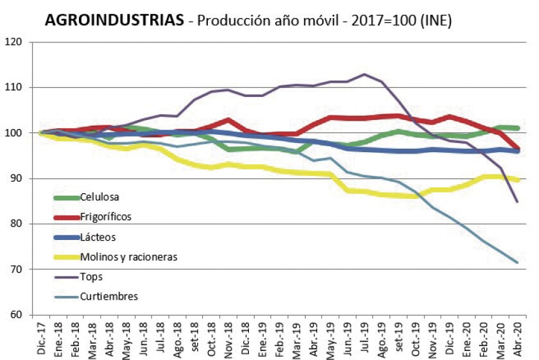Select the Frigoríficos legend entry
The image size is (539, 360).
106,217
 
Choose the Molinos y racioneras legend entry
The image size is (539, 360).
128,257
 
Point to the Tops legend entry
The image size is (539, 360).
92,277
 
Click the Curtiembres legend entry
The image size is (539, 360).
109,296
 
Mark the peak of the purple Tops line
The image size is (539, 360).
365,74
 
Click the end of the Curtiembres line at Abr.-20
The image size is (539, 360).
517,262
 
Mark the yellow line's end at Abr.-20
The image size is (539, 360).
517,180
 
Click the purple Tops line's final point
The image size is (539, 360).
517,201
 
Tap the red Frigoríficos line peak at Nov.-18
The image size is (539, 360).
227,119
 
